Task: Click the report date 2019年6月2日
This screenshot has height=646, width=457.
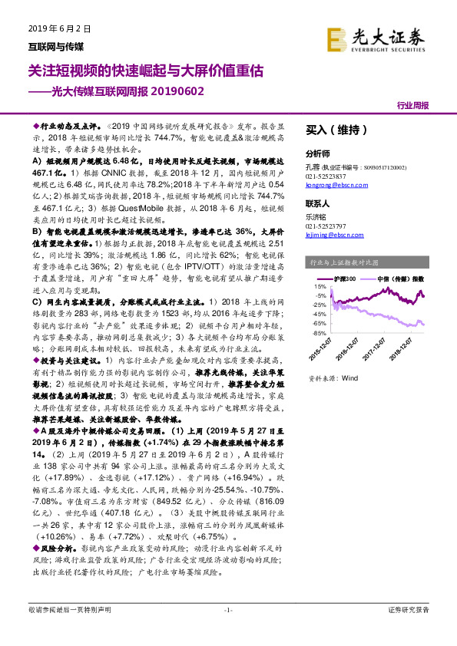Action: (x=60, y=28)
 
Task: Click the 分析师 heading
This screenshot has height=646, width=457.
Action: (x=318, y=153)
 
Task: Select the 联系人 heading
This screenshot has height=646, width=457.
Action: (x=318, y=205)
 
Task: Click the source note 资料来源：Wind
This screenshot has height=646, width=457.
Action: (x=333, y=378)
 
